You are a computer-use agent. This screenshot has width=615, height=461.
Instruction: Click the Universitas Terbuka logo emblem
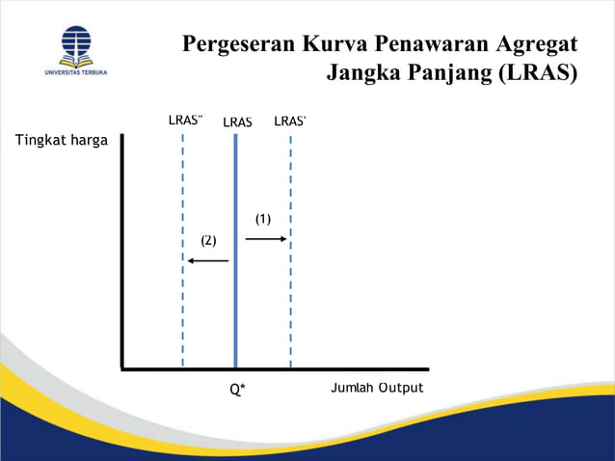76,44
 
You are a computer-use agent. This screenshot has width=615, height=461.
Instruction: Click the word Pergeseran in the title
238,45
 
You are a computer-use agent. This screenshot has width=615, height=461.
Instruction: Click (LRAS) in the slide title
537,74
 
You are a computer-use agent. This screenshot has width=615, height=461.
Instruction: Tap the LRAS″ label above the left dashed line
185,122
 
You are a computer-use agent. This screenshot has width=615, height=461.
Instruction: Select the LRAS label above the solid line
237,122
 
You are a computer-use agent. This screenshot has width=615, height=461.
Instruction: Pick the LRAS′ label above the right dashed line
290,122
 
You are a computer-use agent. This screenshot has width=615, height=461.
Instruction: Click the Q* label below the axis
237,390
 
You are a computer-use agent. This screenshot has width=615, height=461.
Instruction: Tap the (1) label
263,219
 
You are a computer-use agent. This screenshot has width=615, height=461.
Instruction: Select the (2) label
208,240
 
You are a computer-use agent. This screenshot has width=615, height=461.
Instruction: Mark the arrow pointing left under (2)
207,260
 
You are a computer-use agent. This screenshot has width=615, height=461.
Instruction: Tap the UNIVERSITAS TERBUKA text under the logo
76,71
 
